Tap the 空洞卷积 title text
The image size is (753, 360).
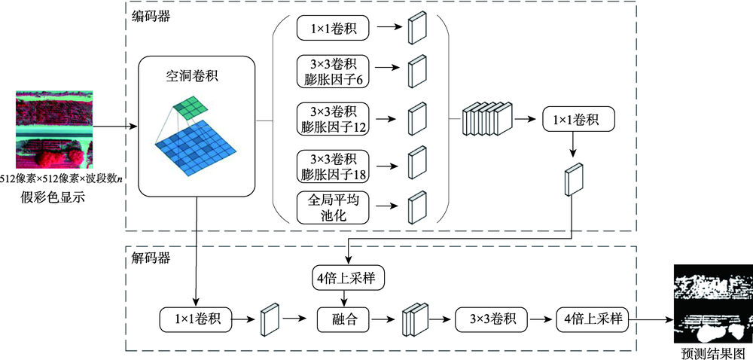[x=197, y=77]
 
